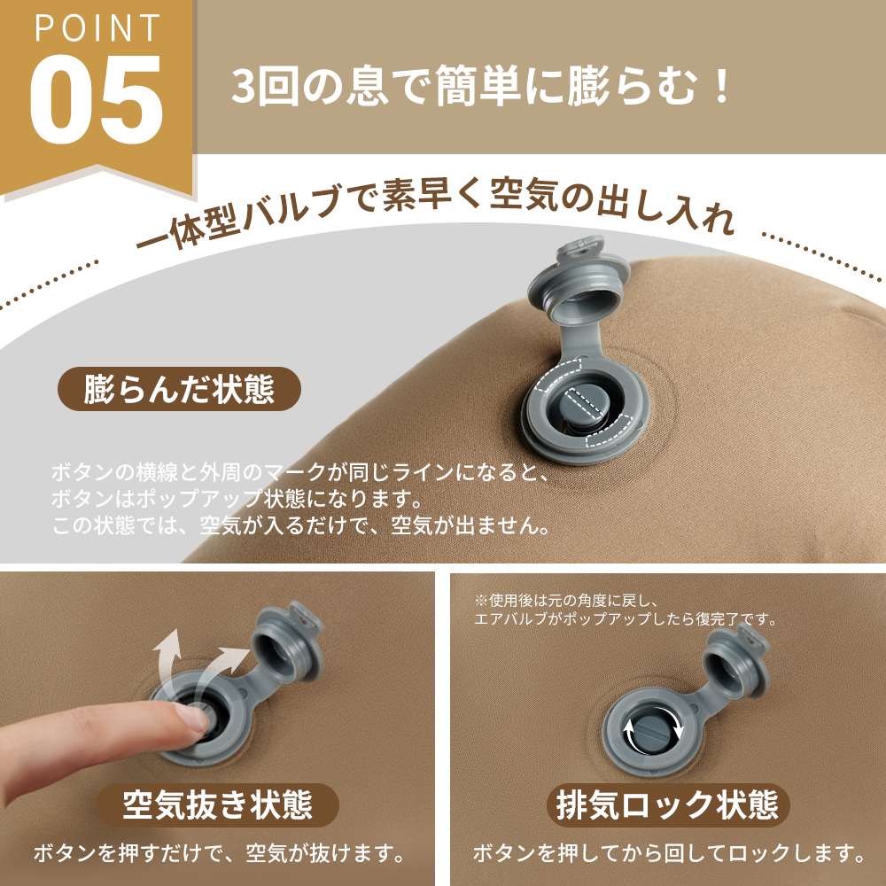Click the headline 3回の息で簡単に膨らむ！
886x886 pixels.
pos(483,89)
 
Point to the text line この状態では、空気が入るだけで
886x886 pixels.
pos(301,525)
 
